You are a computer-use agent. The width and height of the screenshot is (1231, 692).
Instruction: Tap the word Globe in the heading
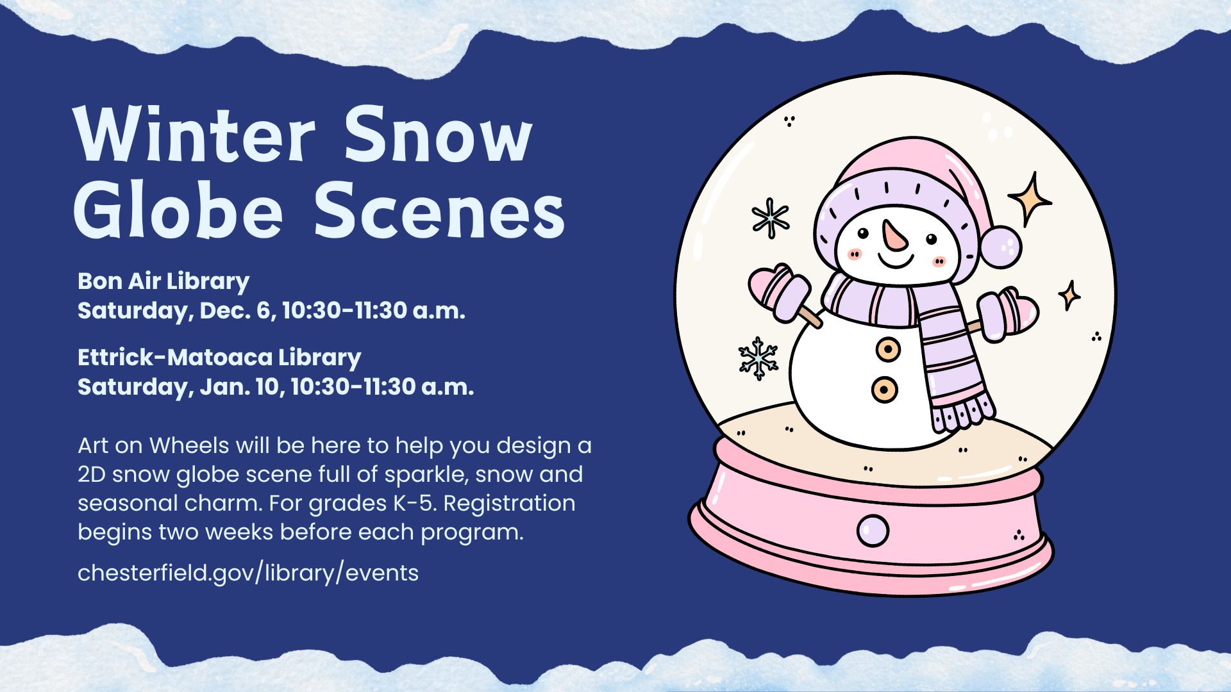(x=178, y=210)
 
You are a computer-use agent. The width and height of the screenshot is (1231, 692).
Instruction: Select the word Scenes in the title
(x=439, y=210)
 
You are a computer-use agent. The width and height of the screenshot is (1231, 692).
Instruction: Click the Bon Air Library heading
(x=163, y=281)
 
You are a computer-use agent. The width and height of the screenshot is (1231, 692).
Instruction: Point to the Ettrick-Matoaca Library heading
(x=219, y=357)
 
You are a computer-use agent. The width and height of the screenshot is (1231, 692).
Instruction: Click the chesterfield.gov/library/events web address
(x=247, y=573)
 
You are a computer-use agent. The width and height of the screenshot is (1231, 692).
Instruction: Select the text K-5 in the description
(x=414, y=503)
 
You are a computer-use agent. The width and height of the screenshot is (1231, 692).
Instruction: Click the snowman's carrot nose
(x=893, y=235)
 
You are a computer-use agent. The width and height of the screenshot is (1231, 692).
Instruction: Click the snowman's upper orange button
(x=888, y=349)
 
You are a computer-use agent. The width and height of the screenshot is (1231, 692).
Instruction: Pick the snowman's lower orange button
(x=884, y=389)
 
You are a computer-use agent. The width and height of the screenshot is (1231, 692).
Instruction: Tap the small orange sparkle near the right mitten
(x=1069, y=295)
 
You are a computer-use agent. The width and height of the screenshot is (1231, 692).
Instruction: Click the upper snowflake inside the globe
(x=770, y=218)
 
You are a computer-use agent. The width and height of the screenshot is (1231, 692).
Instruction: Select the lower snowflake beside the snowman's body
(x=758, y=358)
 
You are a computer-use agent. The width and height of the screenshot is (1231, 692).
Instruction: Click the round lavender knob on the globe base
(x=873, y=531)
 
